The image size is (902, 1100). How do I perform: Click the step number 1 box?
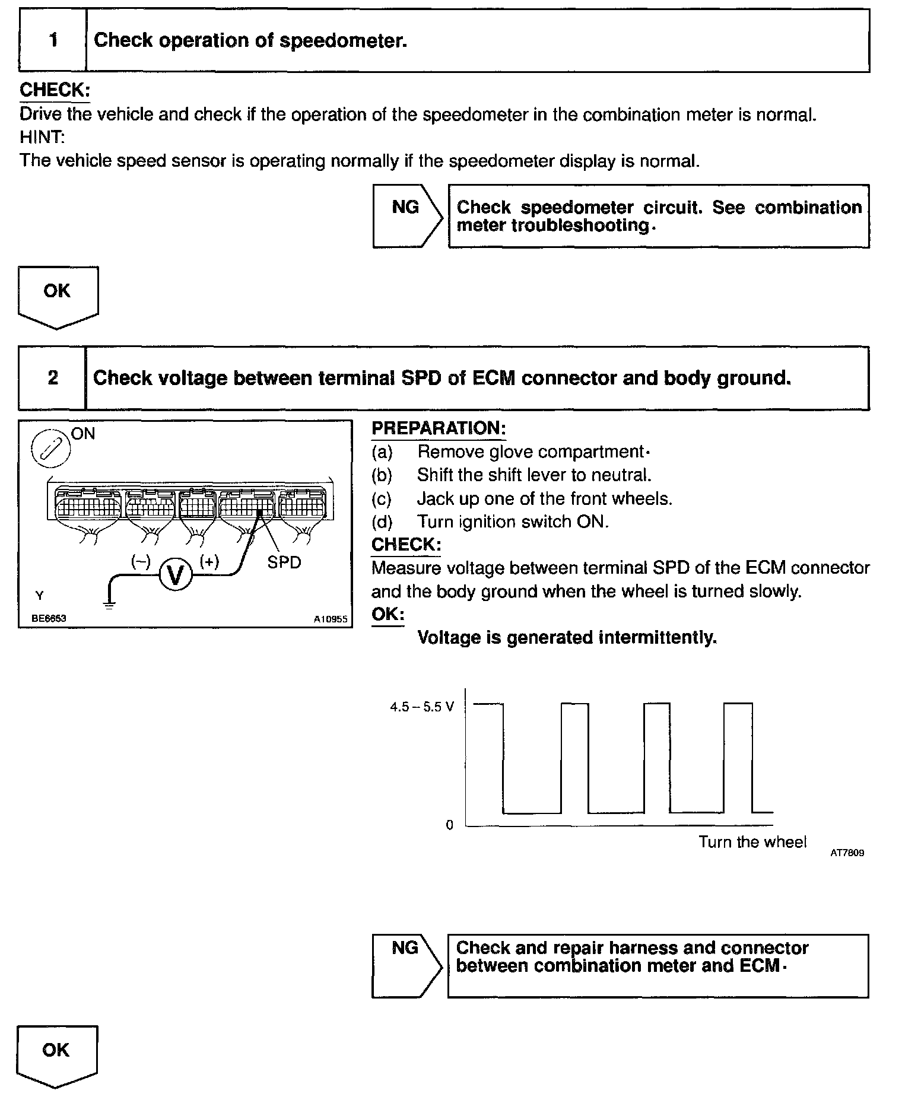pyautogui.click(x=53, y=41)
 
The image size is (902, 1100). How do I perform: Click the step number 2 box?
pyautogui.click(x=52, y=378)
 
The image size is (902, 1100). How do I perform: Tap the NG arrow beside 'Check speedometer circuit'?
pyautogui.click(x=407, y=215)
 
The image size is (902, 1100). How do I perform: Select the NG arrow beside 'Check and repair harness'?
pyautogui.click(x=406, y=965)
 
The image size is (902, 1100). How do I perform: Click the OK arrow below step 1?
pyautogui.click(x=58, y=296)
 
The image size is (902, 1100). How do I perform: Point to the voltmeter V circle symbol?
pyautogui.click(x=175, y=574)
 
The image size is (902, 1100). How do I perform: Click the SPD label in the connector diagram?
pyautogui.click(x=284, y=562)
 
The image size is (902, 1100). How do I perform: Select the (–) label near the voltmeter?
pyautogui.click(x=141, y=561)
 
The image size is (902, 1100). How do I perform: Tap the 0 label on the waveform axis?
pyautogui.click(x=449, y=825)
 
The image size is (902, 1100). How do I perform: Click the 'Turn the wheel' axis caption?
pyautogui.click(x=752, y=842)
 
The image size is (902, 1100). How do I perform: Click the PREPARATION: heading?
pyautogui.click(x=439, y=428)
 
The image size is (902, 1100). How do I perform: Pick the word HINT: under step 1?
pyautogui.click(x=42, y=137)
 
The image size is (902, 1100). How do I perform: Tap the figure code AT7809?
pyautogui.click(x=847, y=853)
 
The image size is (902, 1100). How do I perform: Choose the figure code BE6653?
pyautogui.click(x=49, y=618)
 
